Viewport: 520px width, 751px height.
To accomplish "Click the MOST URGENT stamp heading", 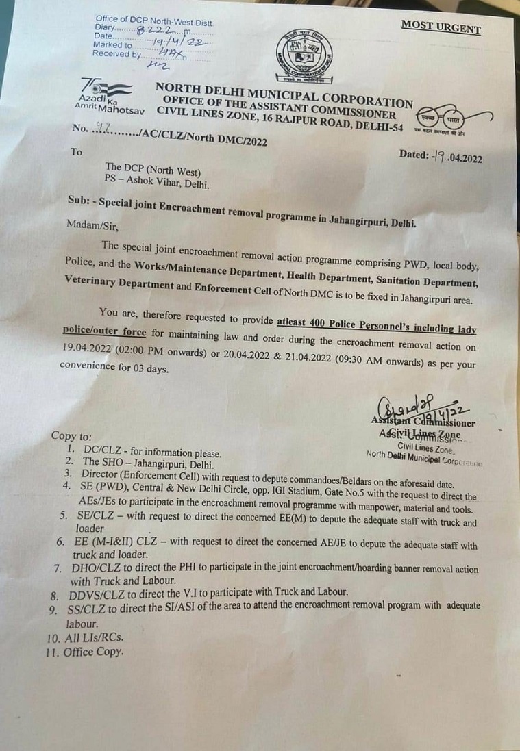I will tap(441, 27).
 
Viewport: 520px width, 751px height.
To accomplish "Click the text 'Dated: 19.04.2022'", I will tap(441, 157).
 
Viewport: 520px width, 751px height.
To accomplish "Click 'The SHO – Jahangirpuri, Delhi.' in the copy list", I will tap(145, 463).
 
